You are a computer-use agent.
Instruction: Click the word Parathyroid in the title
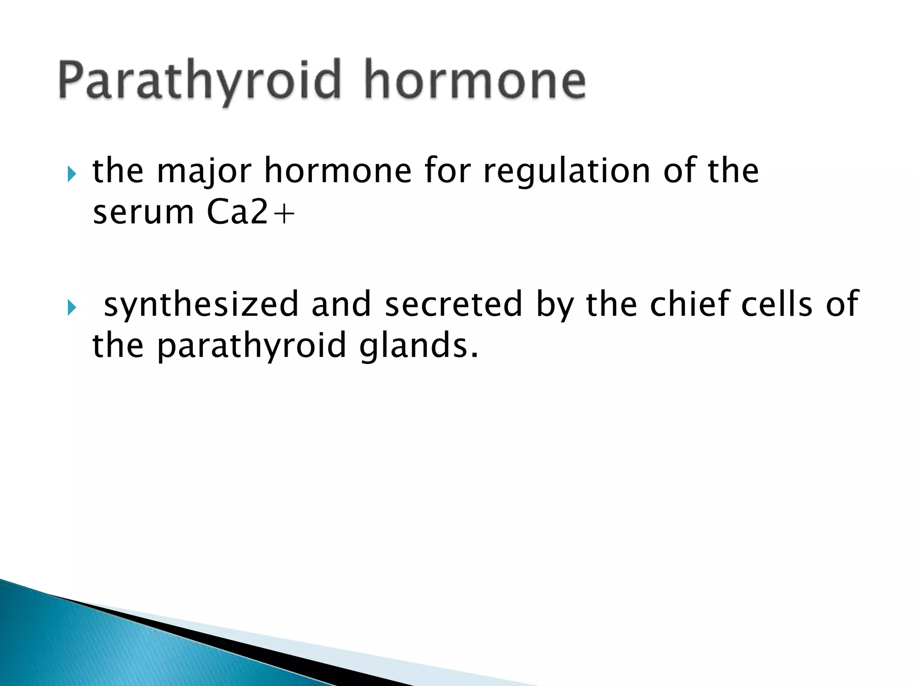click(x=199, y=80)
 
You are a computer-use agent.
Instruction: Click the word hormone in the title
click(x=474, y=80)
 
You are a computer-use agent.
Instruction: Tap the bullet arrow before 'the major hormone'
click(x=72, y=173)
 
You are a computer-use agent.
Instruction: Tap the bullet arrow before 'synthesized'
click(x=72, y=307)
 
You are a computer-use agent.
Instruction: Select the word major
click(x=204, y=171)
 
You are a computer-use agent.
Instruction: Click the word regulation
click(x=567, y=171)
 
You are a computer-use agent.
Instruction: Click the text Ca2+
click(x=251, y=213)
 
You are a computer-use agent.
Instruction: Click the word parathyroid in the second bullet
click(x=252, y=347)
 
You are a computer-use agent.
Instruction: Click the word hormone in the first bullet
click(x=338, y=171)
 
